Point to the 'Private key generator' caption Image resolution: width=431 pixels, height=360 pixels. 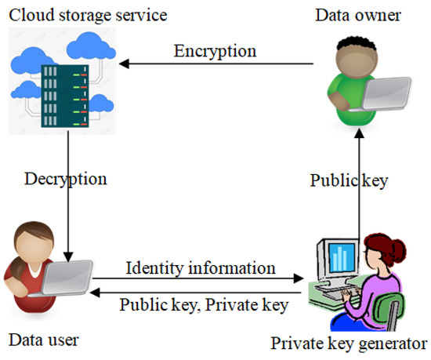click(x=350, y=343)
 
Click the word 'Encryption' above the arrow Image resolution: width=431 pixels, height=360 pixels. click(x=215, y=52)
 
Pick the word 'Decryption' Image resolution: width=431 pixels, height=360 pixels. click(x=67, y=178)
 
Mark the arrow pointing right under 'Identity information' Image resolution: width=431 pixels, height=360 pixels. click(x=196, y=279)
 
